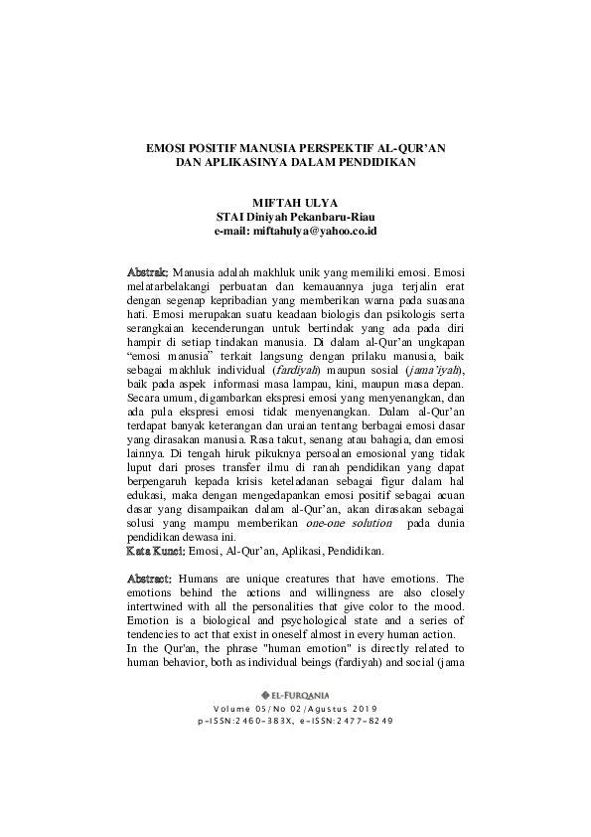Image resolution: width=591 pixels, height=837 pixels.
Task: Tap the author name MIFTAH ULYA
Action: click(x=295, y=202)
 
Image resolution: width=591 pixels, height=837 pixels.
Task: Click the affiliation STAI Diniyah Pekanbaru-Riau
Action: click(x=295, y=216)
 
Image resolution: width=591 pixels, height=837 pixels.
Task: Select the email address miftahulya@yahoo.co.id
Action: click(x=313, y=230)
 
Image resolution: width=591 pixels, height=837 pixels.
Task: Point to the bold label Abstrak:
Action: click(x=149, y=271)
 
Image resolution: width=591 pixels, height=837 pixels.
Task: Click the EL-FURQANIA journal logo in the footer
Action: click(x=295, y=666)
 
